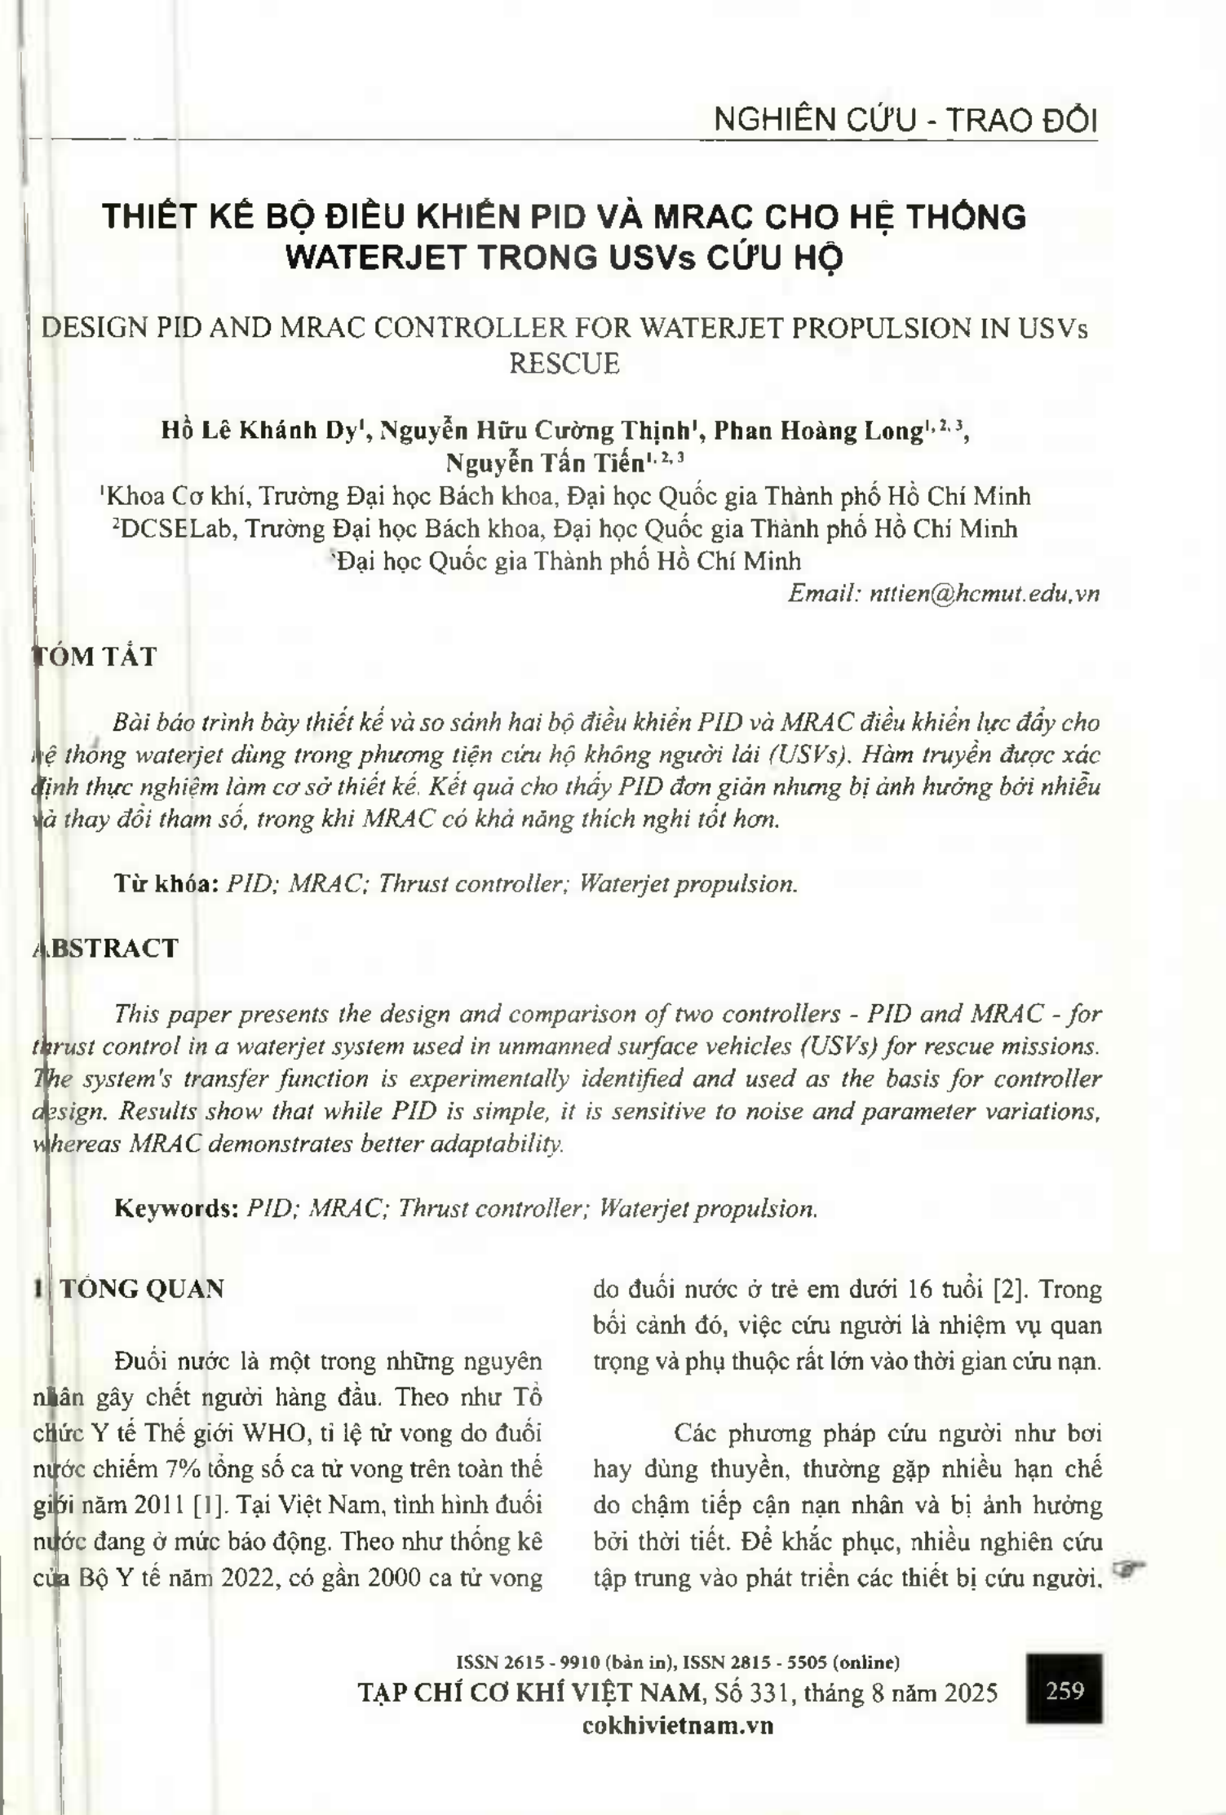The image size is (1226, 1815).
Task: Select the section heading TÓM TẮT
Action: tap(94, 657)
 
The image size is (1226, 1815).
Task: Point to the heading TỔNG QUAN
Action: tap(142, 1289)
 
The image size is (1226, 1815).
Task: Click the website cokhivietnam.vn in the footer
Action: tap(678, 1725)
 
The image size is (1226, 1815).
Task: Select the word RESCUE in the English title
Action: tap(564, 363)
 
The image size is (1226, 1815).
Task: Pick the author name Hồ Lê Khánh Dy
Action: tap(259, 431)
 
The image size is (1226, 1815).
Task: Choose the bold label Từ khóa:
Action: tap(166, 883)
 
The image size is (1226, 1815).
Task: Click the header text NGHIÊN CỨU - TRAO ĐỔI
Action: tap(905, 121)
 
